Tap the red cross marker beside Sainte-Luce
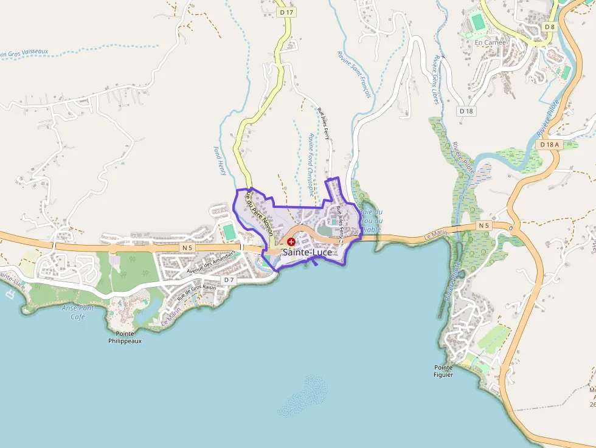(291, 242)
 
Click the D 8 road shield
(550, 27)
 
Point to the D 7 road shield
(229, 280)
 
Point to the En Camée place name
(490, 43)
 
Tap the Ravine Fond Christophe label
(311, 164)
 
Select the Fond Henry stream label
(220, 161)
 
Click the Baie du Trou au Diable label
(371, 221)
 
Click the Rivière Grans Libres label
(437, 79)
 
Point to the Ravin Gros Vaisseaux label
(24, 53)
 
